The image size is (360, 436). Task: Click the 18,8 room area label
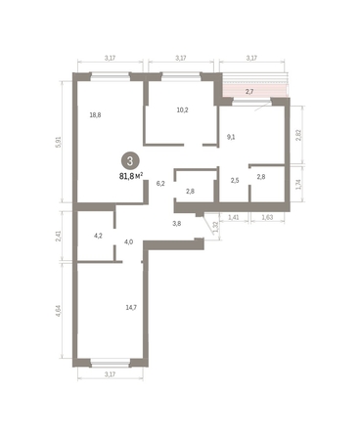coord(95,115)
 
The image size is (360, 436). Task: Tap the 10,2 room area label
coord(182,110)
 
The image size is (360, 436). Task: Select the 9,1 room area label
coord(231,137)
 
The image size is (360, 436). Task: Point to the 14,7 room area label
coord(131,307)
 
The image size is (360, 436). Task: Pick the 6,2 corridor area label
coord(160,184)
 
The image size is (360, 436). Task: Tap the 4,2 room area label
coord(98,236)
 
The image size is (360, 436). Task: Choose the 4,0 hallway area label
coord(128,241)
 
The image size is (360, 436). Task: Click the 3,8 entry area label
coord(177,224)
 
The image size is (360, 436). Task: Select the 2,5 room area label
coord(235,181)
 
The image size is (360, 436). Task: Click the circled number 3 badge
coord(130,161)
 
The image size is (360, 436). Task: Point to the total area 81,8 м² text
coord(131,176)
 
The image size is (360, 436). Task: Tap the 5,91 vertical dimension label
coord(59,142)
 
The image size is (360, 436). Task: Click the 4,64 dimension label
coord(59,311)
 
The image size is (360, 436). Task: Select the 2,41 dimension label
coord(59,236)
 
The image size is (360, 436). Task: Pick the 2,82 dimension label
coord(297,135)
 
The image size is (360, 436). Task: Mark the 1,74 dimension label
coord(297,185)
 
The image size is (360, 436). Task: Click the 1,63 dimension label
coord(267,217)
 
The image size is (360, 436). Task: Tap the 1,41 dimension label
coord(234,217)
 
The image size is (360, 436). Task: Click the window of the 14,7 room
coord(111,363)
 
